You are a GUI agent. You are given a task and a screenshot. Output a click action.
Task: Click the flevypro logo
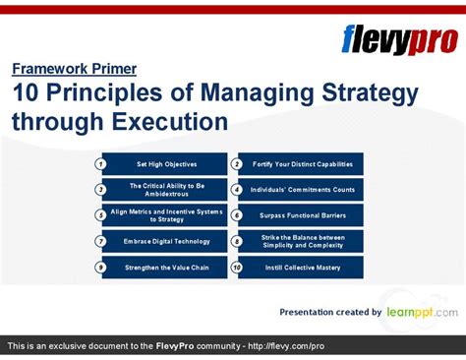pyautogui.click(x=397, y=38)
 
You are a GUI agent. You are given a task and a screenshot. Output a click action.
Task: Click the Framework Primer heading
pyautogui.click(x=74, y=69)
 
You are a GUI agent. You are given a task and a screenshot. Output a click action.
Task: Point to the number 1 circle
pyautogui.click(x=101, y=163)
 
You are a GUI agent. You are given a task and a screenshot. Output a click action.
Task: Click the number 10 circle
pyautogui.click(x=236, y=268)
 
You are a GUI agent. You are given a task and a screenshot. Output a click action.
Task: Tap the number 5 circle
pyautogui.click(x=101, y=215)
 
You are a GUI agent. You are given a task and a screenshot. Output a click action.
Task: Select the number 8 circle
pyautogui.click(x=236, y=241)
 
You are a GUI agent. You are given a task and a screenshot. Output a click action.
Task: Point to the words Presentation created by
pyautogui.click(x=330, y=312)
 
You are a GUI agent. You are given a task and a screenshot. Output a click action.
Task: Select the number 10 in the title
pyautogui.click(x=27, y=94)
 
